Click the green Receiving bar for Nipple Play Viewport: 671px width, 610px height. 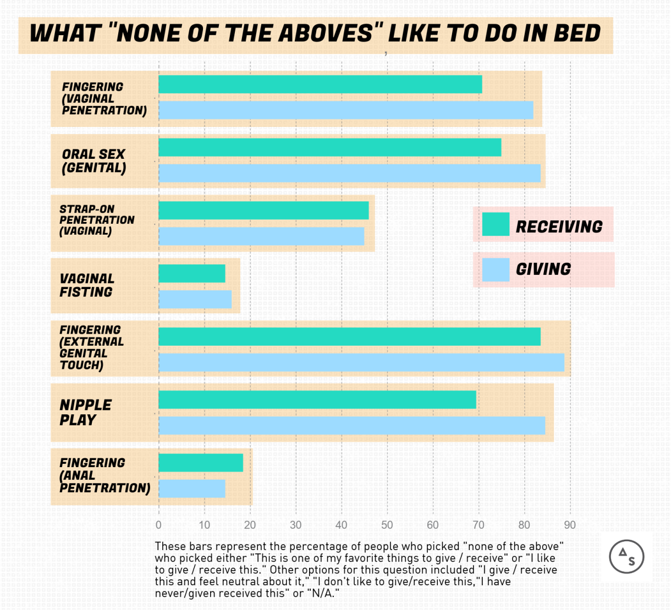317,400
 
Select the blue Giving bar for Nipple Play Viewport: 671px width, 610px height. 352,425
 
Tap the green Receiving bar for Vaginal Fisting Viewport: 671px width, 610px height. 192,273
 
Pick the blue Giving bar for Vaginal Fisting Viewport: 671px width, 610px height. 195,299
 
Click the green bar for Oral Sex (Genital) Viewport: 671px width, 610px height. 330,147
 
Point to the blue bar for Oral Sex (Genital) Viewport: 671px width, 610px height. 350,173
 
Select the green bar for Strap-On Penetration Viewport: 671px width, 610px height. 263,210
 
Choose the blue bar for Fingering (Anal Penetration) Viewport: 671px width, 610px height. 192,489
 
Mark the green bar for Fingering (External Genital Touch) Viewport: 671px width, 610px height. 350,336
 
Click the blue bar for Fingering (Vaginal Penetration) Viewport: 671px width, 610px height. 346,110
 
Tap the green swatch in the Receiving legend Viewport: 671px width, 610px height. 496,224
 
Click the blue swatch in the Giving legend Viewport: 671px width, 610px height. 496,270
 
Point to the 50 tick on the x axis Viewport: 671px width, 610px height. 387,525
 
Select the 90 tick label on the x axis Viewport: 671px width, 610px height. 570,525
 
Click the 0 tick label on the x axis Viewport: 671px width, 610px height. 159,525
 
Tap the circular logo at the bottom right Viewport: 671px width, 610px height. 626,557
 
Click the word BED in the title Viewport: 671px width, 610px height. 577,34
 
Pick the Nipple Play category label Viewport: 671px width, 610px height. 85,412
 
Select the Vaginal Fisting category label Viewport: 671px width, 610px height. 87,285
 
